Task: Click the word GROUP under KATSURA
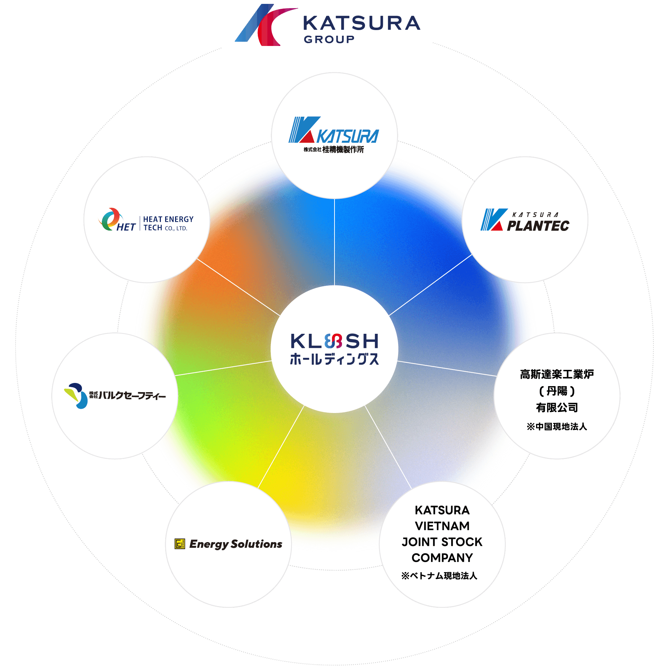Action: tap(329, 39)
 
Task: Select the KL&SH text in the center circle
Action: tap(334, 341)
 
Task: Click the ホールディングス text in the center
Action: tap(334, 359)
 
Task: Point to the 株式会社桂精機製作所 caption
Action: tap(333, 150)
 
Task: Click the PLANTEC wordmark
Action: tap(538, 226)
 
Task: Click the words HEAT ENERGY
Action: tap(168, 219)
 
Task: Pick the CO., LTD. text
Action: tap(176, 228)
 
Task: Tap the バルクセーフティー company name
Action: tap(132, 395)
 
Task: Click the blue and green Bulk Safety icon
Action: tap(76, 395)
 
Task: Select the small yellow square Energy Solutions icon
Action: tap(180, 544)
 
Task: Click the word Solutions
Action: tap(257, 544)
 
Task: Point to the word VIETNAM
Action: tap(442, 526)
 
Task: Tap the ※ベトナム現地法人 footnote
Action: tap(439, 576)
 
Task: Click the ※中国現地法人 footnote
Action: tap(557, 426)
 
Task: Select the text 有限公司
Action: tap(557, 407)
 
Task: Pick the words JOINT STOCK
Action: tap(442, 542)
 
